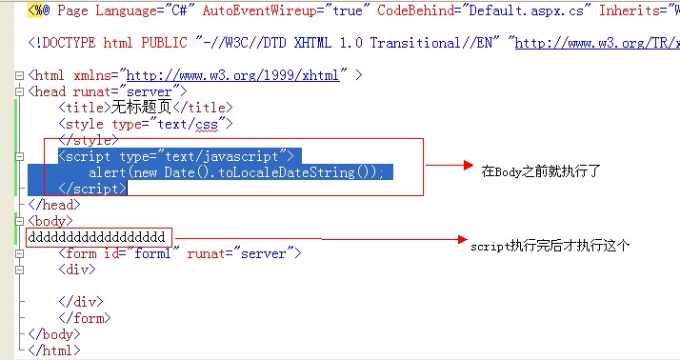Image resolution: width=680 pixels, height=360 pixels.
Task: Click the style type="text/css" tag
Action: pos(146,124)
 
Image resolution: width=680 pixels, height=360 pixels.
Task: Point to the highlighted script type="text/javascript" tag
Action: pos(179,156)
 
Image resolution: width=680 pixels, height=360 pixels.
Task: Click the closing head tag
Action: pos(53,205)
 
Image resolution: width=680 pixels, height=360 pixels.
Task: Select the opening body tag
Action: pos(50,221)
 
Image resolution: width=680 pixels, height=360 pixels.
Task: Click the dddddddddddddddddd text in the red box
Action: pos(97,236)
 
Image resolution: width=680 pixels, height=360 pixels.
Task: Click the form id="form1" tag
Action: pos(179,253)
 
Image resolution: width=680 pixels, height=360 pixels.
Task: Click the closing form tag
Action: pos(82,318)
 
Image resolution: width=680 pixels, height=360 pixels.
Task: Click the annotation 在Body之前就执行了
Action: pos(541,170)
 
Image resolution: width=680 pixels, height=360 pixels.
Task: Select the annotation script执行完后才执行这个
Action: pos(550,246)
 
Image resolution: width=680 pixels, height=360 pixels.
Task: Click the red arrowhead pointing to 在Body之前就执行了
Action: pos(468,166)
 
